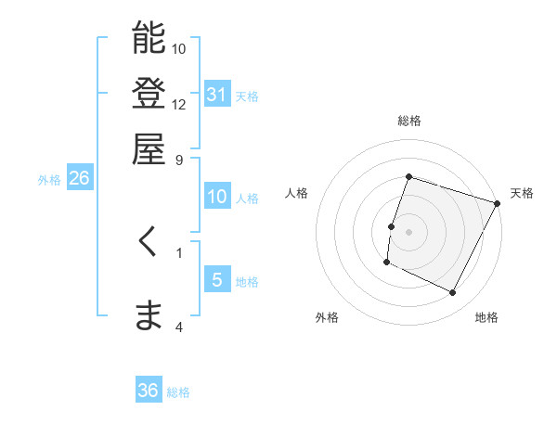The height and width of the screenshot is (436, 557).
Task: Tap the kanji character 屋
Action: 149,148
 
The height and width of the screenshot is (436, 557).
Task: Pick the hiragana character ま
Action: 149,315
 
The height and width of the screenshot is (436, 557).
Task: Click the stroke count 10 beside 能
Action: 179,47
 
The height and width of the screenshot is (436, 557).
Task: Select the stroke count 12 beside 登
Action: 179,104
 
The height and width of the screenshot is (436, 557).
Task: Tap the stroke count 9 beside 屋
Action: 179,160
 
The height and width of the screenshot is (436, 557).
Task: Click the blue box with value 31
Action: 217,95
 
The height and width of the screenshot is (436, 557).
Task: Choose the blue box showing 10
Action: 217,197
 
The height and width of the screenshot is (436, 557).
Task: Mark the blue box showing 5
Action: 217,280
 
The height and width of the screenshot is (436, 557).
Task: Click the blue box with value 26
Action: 79,179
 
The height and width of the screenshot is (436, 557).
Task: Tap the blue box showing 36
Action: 149,391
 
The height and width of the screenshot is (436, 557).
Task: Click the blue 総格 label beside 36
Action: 179,392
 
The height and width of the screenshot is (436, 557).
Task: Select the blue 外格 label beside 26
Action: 49,180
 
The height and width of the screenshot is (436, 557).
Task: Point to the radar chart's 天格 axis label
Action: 522,193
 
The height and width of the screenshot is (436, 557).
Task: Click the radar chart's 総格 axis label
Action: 409,122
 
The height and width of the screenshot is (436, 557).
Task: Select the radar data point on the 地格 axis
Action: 453,293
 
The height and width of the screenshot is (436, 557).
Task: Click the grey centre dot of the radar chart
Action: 409,232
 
